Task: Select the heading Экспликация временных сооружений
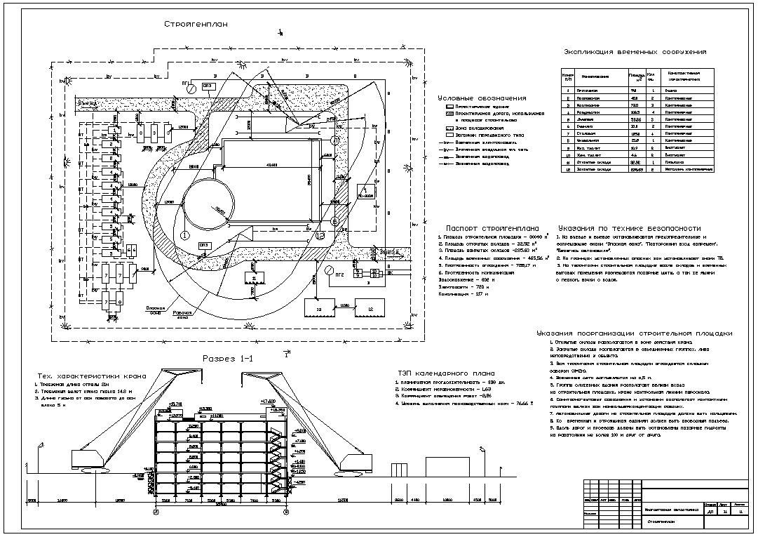pyautogui.click(x=635, y=52)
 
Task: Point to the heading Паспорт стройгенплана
pyautogui.click(x=492, y=228)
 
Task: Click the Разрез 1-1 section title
pyautogui.click(x=228, y=359)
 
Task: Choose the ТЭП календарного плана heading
pyautogui.click(x=445, y=373)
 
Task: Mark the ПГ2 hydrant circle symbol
pyautogui.click(x=329, y=268)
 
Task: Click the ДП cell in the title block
pyautogui.click(x=710, y=512)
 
